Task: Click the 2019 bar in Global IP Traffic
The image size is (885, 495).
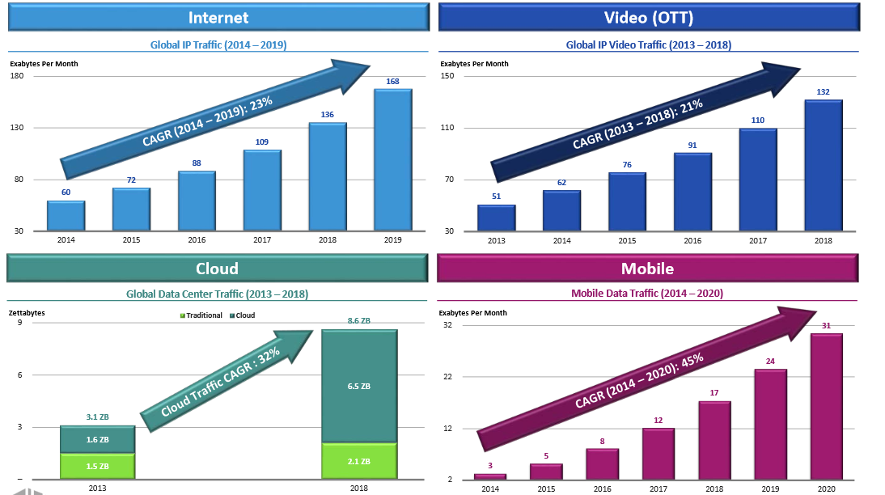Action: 392,160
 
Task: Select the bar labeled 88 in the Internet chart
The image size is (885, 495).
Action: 197,201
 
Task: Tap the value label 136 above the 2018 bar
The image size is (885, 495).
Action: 327,115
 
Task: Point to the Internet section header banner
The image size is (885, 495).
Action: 218,17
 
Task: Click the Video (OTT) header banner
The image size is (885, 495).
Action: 648,17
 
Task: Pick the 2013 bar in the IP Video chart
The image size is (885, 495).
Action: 496,218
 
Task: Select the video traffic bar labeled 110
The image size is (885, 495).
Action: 758,180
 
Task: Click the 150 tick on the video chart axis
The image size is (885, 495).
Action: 447,76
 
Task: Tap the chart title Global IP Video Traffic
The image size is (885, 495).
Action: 648,45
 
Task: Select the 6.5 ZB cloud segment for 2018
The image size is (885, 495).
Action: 358,387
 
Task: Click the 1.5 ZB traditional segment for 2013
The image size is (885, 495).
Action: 97,466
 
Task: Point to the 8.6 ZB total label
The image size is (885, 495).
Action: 358,321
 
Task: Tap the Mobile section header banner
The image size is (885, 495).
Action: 647,269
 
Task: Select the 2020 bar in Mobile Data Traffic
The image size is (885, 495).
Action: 826,407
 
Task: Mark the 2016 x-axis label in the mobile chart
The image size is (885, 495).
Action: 603,489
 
